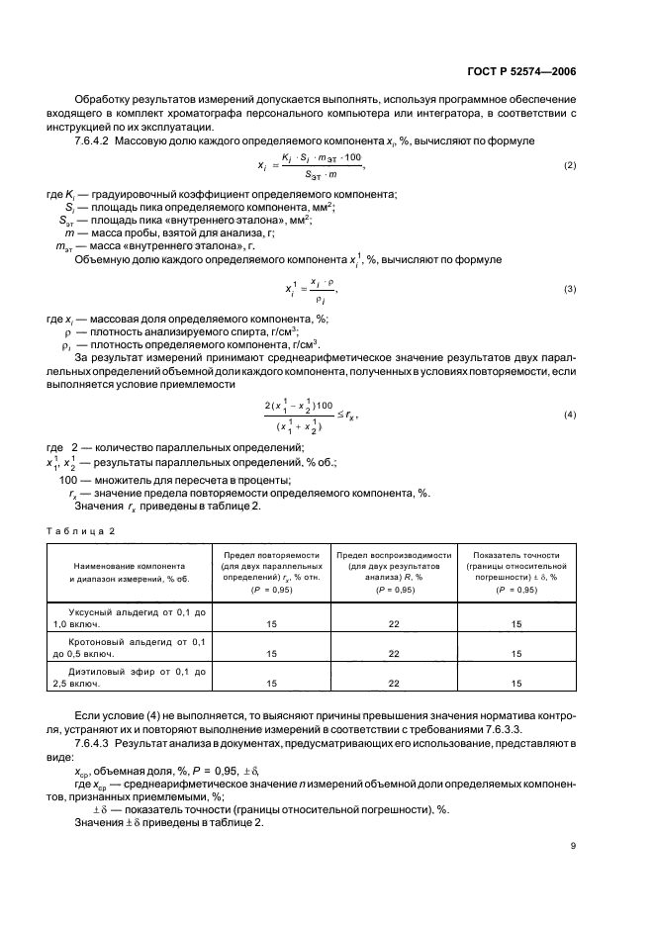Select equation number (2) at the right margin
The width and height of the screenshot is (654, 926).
click(x=569, y=165)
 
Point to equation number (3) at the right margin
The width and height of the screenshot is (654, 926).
click(x=569, y=289)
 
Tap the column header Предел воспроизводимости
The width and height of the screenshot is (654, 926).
click(x=393, y=555)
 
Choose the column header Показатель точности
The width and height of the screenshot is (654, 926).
click(x=516, y=555)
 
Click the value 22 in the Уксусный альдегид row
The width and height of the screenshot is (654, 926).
click(x=393, y=625)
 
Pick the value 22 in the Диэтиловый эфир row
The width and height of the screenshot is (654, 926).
click(x=393, y=683)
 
